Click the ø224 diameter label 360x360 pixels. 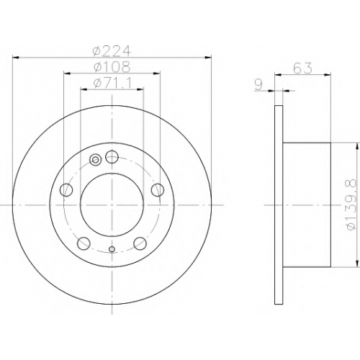click(112, 51)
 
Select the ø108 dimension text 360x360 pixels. click(112, 67)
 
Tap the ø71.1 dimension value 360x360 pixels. click(112, 84)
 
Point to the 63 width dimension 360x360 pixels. click(303, 68)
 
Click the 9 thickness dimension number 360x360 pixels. click(258, 85)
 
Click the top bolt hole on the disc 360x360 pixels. click(112, 157)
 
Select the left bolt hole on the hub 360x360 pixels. click(66, 190)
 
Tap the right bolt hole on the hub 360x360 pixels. click(158, 190)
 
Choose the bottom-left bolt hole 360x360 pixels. click(84, 243)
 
